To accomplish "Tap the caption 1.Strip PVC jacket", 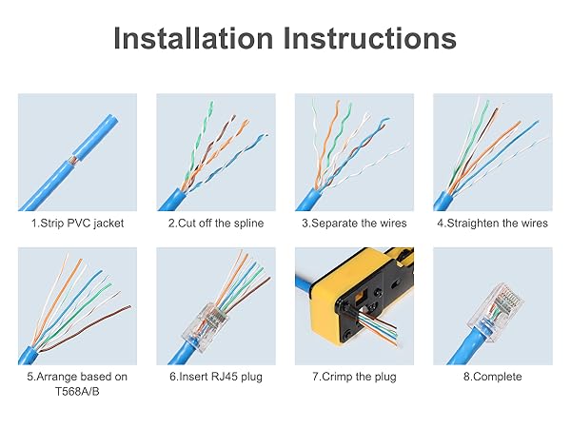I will [76, 223].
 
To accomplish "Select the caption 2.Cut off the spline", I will [215, 223].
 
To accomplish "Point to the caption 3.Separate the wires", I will [354, 223].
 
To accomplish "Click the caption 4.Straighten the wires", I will [493, 223].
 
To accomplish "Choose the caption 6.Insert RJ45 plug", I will [215, 377].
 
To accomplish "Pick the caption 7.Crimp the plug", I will [354, 377].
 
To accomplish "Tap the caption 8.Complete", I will [493, 377].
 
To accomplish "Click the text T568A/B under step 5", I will [76, 391].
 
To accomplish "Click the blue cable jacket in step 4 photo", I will [447, 198].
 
